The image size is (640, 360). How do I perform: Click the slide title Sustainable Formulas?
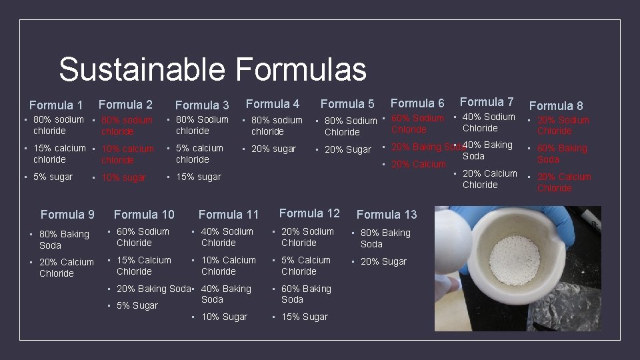pos(212,70)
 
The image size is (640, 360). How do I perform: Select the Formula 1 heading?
pos(56,105)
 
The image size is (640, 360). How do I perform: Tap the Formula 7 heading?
pos(487,102)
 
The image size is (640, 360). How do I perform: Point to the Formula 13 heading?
pos(387,215)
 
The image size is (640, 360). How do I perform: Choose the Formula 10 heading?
pos(144,215)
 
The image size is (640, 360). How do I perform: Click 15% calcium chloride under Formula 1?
pos(59,154)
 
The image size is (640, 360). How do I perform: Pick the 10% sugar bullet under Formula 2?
pos(124,177)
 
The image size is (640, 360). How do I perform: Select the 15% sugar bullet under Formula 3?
pos(198,177)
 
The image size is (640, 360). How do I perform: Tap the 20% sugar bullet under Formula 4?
pos(273,149)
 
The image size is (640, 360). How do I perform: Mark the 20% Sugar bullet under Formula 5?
pos(347,149)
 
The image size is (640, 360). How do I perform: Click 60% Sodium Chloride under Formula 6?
pos(417,124)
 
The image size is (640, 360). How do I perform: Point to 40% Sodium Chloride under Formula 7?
pos(489,123)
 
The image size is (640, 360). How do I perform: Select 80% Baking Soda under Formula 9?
pos(64,240)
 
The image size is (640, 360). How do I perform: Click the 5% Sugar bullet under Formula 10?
pos(137,305)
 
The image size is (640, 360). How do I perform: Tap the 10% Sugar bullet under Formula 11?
pos(224,317)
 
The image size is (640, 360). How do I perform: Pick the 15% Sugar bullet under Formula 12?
pos(305,317)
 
